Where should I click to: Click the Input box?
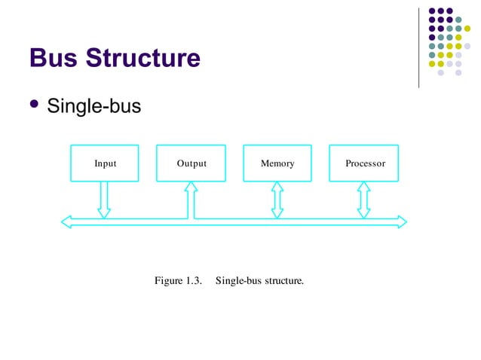(x=104, y=163)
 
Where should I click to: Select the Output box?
(x=191, y=163)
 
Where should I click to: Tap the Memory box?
(x=277, y=163)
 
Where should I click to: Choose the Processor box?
(x=364, y=163)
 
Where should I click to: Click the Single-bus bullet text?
(x=93, y=106)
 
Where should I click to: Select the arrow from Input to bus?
(x=104, y=200)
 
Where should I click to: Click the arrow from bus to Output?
(x=191, y=200)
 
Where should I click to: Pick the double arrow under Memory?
(x=277, y=200)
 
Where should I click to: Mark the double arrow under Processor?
(x=364, y=200)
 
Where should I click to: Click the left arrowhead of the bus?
(x=66, y=221)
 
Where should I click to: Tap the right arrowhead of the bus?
(x=401, y=221)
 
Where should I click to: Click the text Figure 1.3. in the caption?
(x=179, y=282)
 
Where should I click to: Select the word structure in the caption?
(x=283, y=282)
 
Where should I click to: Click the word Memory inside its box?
(x=277, y=163)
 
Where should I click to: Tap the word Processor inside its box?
(x=365, y=163)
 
